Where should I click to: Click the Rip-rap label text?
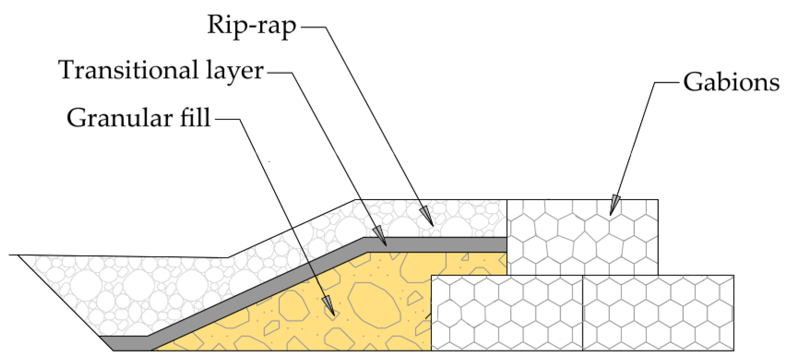tap(251, 25)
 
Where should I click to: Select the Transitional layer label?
tap(161, 71)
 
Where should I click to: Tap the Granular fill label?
tap(139, 118)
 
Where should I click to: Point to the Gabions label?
tap(731, 83)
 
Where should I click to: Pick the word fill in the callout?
tap(192, 118)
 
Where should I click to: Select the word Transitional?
tap(128, 71)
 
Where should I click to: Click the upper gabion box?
tap(582, 237)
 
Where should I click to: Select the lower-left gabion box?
tap(507, 313)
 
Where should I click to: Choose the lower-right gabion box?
tap(658, 313)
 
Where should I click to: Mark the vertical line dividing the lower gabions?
tap(582, 313)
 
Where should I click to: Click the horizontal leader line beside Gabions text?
tap(667, 83)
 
